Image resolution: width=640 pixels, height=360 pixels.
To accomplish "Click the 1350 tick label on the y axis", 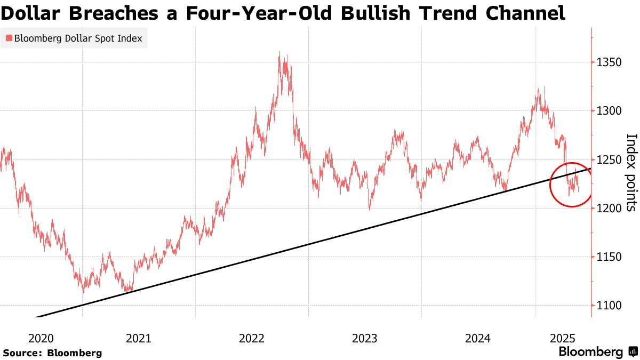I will [609, 62].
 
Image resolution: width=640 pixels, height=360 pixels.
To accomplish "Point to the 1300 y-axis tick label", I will [609, 111].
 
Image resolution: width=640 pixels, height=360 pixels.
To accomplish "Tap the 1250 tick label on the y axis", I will [609, 159].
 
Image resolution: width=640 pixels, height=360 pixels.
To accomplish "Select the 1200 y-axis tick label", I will [609, 208].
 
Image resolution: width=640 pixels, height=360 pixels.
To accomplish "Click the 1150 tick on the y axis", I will [609, 257].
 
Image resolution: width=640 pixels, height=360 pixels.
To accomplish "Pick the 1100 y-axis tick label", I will [609, 305].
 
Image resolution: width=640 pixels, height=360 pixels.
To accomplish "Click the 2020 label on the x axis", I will [41, 338].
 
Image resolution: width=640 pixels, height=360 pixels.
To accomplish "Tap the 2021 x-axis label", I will [139, 338].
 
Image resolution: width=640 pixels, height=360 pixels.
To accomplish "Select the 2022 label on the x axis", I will [252, 338].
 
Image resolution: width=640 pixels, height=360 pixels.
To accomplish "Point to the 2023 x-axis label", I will [365, 338].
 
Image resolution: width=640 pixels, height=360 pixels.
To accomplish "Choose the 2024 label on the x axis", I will [478, 338].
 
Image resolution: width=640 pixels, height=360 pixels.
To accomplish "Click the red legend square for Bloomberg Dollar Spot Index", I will [9, 38].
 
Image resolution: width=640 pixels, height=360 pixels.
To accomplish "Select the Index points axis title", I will [631, 172].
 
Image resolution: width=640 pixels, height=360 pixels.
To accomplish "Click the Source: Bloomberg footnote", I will [52, 353].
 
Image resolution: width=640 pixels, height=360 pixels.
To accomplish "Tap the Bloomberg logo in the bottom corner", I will [597, 352].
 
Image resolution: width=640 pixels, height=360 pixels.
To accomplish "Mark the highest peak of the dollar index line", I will [281, 52].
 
